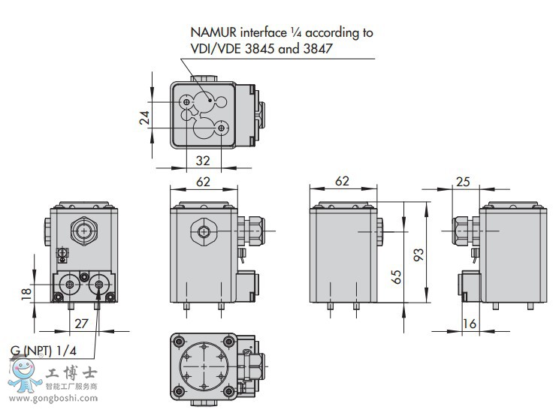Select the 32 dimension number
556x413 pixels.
coord(203,160)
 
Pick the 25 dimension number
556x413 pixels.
coord(464,181)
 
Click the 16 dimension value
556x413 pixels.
coord(468,324)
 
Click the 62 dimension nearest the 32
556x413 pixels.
coord(203,181)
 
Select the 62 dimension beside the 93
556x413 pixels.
coord(343,181)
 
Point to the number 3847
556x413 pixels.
coord(316,49)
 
